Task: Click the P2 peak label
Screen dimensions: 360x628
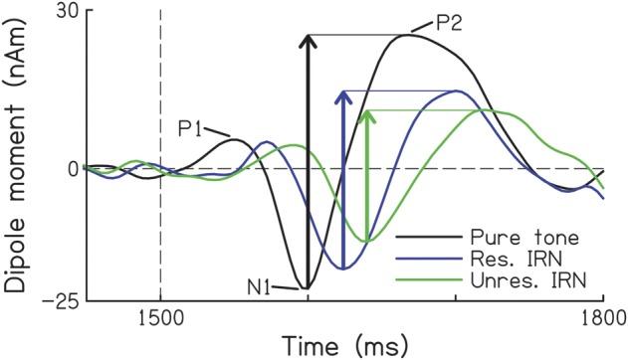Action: pyautogui.click(x=447, y=22)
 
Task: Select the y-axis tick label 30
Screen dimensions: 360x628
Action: pyautogui.click(x=67, y=10)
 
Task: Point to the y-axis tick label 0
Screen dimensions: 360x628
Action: pyautogui.click(x=73, y=167)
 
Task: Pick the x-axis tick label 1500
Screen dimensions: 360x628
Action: pyautogui.click(x=159, y=321)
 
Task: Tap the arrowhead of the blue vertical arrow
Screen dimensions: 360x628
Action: pyautogui.click(x=343, y=96)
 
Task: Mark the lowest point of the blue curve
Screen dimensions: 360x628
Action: pyautogui.click(x=343, y=269)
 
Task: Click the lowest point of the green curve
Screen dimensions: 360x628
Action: pyautogui.click(x=368, y=242)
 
